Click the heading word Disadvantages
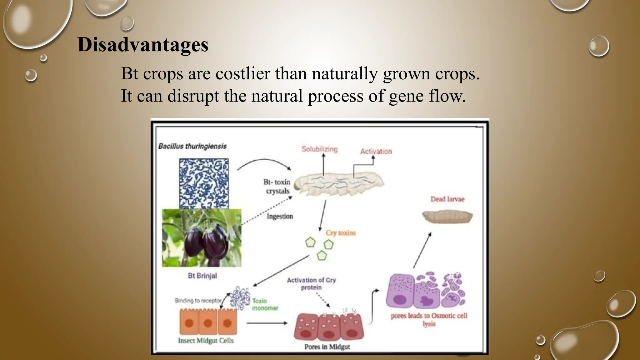pyautogui.click(x=143, y=45)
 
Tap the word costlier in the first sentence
pyautogui.click(x=243, y=74)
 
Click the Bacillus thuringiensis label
pyautogui.click(x=192, y=146)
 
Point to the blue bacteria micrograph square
pyautogui.click(x=204, y=183)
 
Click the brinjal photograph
pyautogui.click(x=202, y=238)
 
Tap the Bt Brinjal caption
pyautogui.click(x=202, y=276)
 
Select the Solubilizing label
pyautogui.click(x=319, y=149)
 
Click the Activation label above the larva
pyautogui.click(x=376, y=151)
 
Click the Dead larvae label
pyautogui.click(x=447, y=199)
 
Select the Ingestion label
pyautogui.click(x=280, y=216)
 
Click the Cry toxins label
pyautogui.click(x=341, y=233)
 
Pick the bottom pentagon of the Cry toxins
pyautogui.click(x=322, y=256)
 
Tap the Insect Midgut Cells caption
pyautogui.click(x=206, y=341)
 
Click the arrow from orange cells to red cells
pyautogui.click(x=267, y=323)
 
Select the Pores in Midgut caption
pyautogui.click(x=327, y=347)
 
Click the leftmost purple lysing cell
pyautogui.click(x=400, y=292)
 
